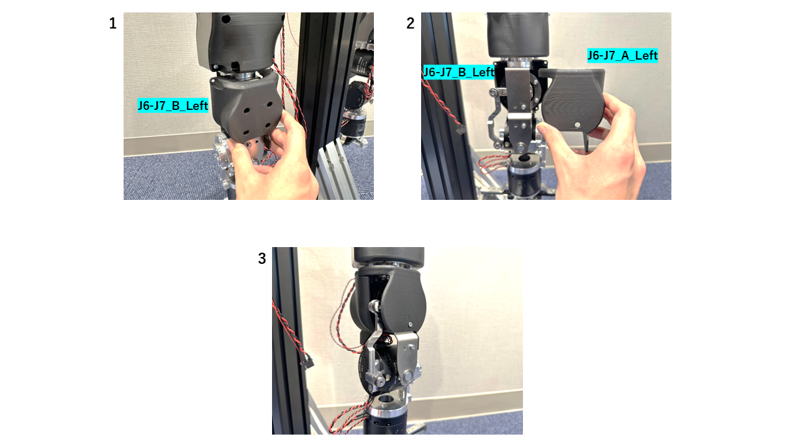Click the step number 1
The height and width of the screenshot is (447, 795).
(x=112, y=24)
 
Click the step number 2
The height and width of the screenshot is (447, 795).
(x=410, y=24)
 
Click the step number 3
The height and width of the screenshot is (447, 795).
(x=261, y=259)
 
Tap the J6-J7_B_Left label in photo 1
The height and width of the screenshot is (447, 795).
(x=173, y=106)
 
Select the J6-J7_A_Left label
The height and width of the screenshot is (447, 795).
(x=622, y=56)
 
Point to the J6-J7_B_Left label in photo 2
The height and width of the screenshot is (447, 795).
(x=458, y=72)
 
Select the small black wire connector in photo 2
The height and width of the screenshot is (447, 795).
(x=460, y=130)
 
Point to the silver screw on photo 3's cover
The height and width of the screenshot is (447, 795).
(x=411, y=323)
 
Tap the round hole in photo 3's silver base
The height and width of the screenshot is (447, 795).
(x=386, y=397)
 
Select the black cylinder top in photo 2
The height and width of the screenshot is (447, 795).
(x=517, y=34)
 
